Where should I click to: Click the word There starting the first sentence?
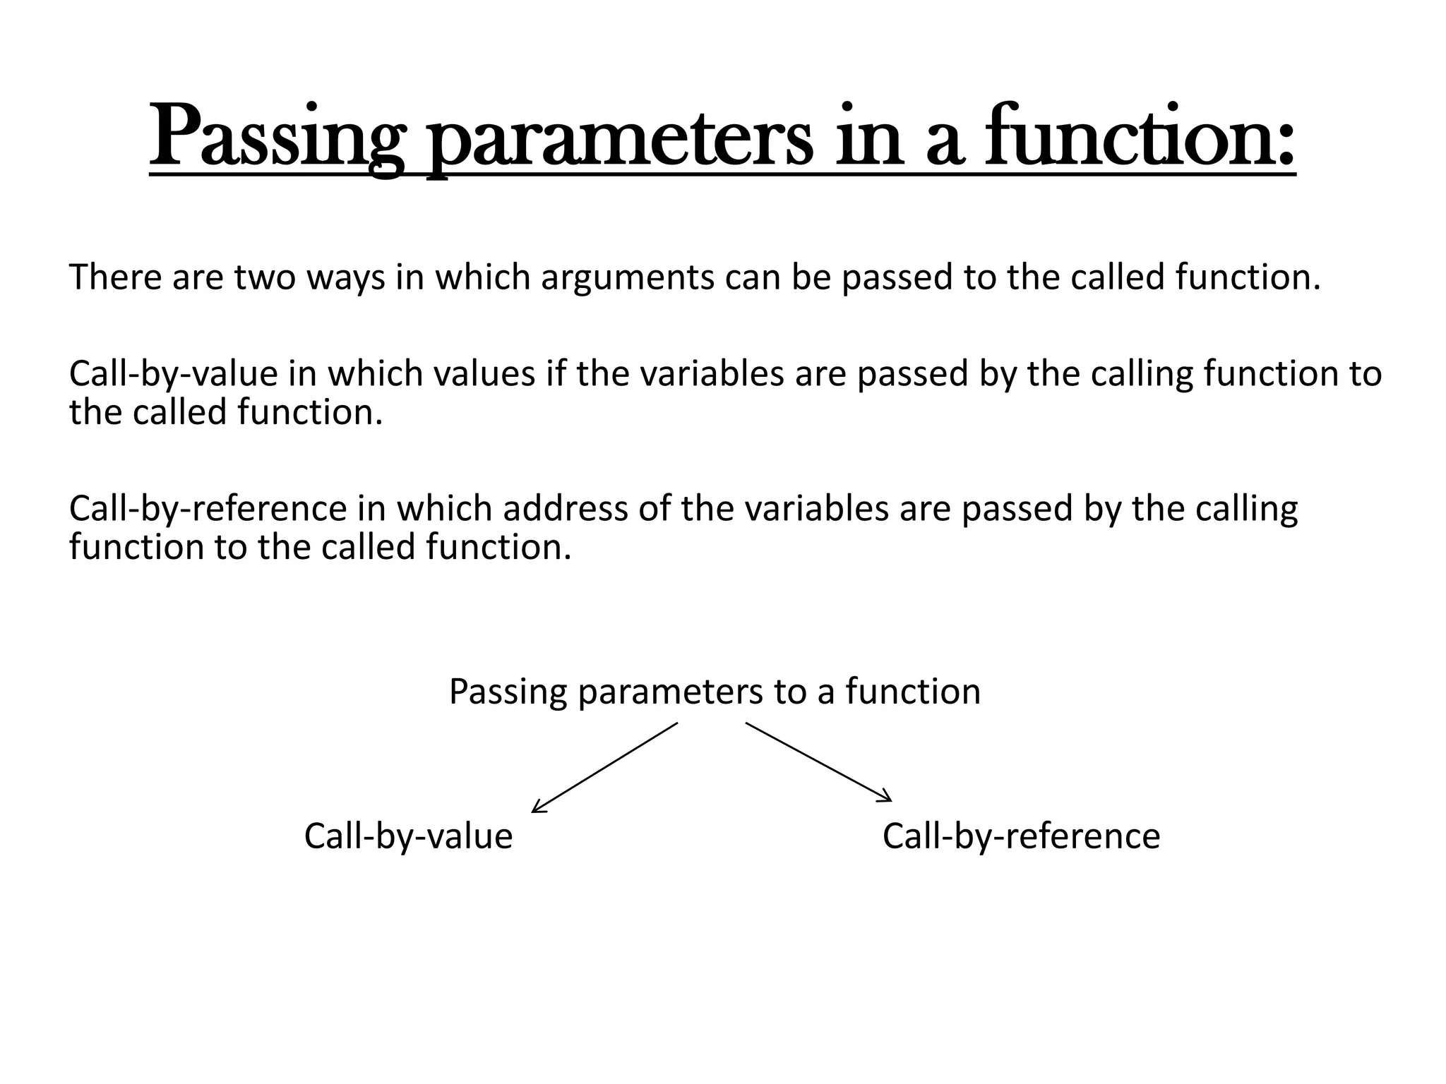tap(116, 277)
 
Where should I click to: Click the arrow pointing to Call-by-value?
tap(604, 767)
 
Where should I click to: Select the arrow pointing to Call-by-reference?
tap(818, 762)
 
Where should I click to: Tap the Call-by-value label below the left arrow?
tap(408, 836)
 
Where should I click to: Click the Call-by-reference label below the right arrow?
tap(1021, 836)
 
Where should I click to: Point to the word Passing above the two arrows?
tap(508, 692)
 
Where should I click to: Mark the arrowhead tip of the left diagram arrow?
tap(532, 812)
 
